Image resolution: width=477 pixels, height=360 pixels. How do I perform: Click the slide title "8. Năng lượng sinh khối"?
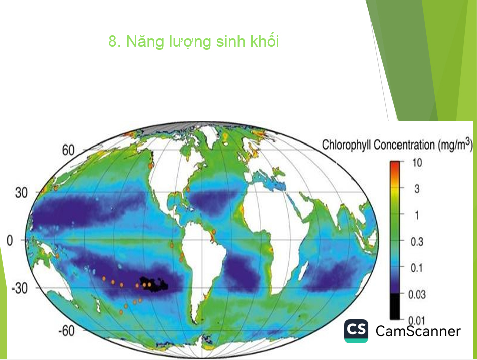coord(194,42)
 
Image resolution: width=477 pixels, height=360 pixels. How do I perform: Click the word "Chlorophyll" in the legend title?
coord(347,145)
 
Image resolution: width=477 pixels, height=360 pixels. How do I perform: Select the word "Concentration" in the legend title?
coord(405,145)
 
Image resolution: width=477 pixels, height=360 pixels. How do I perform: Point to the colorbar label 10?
coord(417,163)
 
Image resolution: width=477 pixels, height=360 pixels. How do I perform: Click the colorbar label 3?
coord(417,189)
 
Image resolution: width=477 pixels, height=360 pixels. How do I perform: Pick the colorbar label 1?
coord(417,215)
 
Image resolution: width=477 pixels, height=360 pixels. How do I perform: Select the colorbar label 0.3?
coord(417,242)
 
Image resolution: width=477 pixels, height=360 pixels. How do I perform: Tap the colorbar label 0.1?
coord(417,268)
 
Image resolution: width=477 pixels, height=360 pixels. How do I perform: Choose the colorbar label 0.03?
coord(417,294)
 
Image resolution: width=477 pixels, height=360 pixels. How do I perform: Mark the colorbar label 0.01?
coord(417,320)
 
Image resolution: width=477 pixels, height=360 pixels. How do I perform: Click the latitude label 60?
coord(68,150)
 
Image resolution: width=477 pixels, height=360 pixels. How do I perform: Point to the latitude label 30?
coord(21,193)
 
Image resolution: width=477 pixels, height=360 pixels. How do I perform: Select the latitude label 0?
coord(10,241)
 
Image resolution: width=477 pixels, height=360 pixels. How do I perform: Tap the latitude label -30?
coord(19,288)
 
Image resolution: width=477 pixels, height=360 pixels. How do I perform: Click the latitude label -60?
coord(66,330)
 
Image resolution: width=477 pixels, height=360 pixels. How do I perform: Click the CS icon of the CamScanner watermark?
coord(356,331)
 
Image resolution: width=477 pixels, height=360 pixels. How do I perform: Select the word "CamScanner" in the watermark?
coord(418,331)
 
